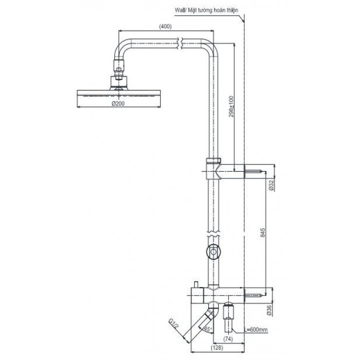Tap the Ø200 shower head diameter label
click(119, 104)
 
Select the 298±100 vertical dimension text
click(232, 107)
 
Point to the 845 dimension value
click(262, 232)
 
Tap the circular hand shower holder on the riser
click(213, 252)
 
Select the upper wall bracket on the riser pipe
click(214, 170)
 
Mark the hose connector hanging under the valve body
click(229, 316)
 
